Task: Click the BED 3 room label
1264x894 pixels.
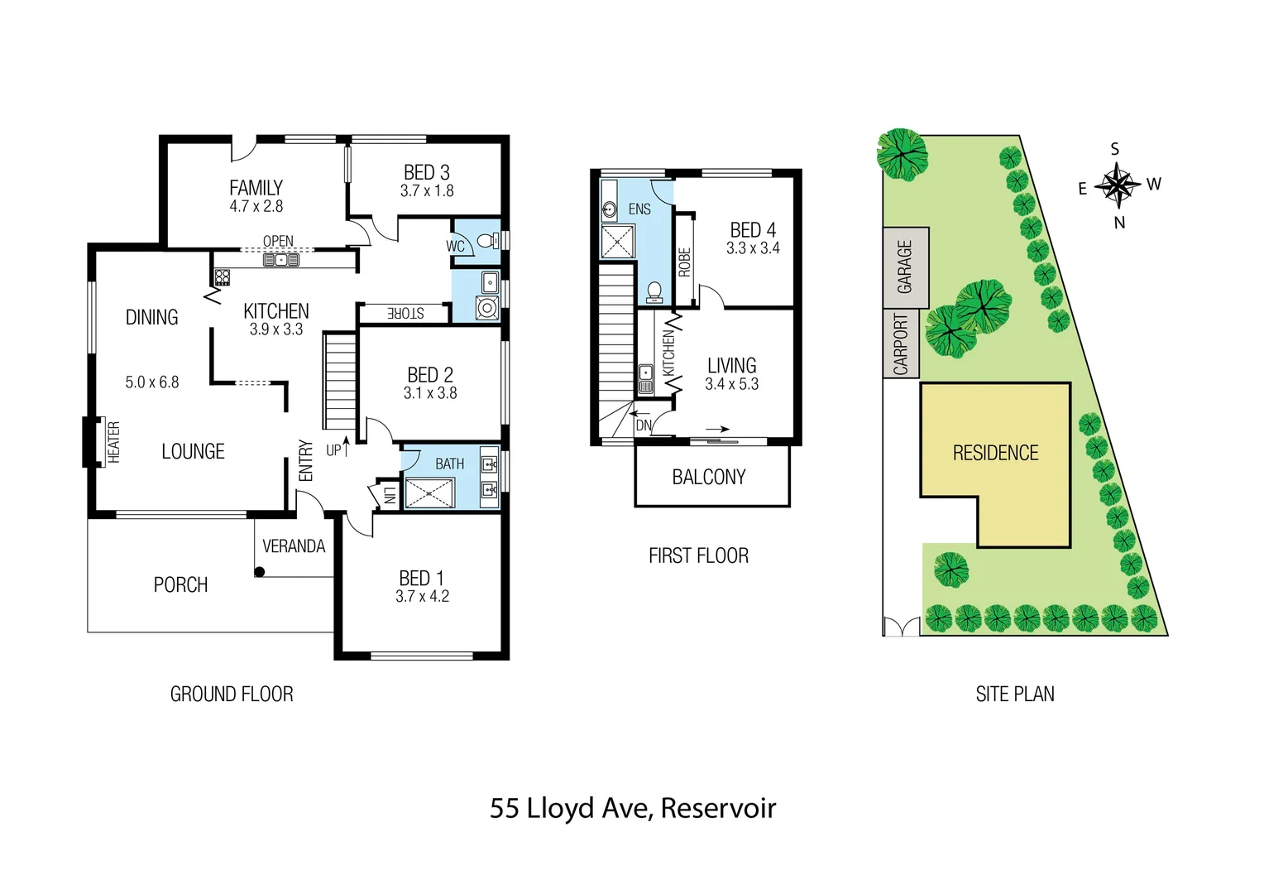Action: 426,172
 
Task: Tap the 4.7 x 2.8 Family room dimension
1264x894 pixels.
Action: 256,207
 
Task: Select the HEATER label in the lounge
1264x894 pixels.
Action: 114,442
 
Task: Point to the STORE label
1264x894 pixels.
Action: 405,313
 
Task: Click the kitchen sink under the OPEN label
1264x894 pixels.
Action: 280,260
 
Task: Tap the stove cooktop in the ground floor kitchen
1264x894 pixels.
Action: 222,276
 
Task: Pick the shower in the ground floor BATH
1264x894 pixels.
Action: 429,493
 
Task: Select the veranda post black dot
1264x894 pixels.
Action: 259,571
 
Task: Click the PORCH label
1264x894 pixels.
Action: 180,585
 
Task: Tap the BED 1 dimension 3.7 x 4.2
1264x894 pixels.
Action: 422,597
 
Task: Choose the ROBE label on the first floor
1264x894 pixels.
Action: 684,262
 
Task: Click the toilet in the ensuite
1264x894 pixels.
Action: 654,290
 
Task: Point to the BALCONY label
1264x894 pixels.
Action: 709,478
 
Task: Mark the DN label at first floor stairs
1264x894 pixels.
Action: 644,425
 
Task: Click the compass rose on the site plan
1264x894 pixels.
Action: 1118,185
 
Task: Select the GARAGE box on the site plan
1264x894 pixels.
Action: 905,267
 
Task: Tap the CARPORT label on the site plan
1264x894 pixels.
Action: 901,344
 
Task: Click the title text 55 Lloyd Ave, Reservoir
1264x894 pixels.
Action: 632,808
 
